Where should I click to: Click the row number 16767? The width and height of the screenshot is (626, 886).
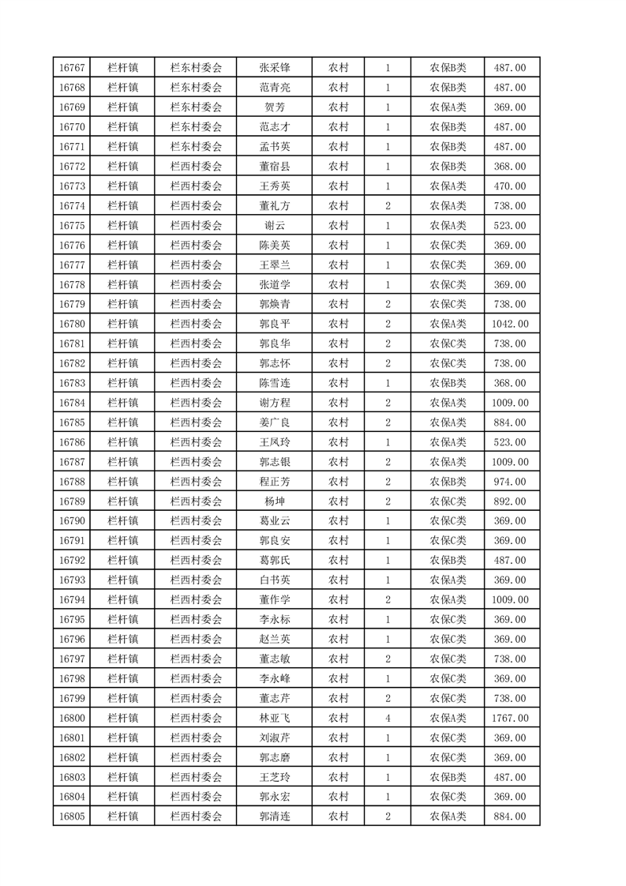(x=72, y=68)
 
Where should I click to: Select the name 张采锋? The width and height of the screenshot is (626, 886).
(x=274, y=68)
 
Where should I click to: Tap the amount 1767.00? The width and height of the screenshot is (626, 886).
(x=510, y=718)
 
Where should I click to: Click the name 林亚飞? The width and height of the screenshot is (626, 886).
(x=274, y=718)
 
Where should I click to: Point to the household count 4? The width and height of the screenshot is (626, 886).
(x=388, y=718)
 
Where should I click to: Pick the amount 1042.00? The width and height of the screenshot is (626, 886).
(x=510, y=324)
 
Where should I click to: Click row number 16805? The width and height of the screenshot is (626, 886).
(x=72, y=817)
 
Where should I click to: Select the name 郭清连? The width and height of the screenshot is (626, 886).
(x=274, y=817)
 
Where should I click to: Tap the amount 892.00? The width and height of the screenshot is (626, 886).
(x=510, y=501)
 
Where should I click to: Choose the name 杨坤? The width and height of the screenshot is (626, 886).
(x=274, y=501)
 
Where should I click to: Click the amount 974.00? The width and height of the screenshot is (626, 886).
(x=510, y=482)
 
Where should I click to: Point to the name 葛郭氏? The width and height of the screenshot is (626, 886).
(x=274, y=561)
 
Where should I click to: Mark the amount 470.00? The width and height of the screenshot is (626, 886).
(x=510, y=186)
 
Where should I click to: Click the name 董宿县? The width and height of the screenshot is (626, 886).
(x=274, y=167)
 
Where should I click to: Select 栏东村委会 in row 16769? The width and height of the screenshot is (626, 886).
(x=196, y=107)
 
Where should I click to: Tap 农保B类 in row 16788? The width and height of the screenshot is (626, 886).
(x=448, y=482)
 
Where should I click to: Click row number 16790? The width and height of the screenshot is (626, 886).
(x=72, y=521)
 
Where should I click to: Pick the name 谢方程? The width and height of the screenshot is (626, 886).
(x=274, y=403)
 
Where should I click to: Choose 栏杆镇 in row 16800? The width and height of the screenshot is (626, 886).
(x=122, y=718)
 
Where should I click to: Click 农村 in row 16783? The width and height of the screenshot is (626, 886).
(x=338, y=383)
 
